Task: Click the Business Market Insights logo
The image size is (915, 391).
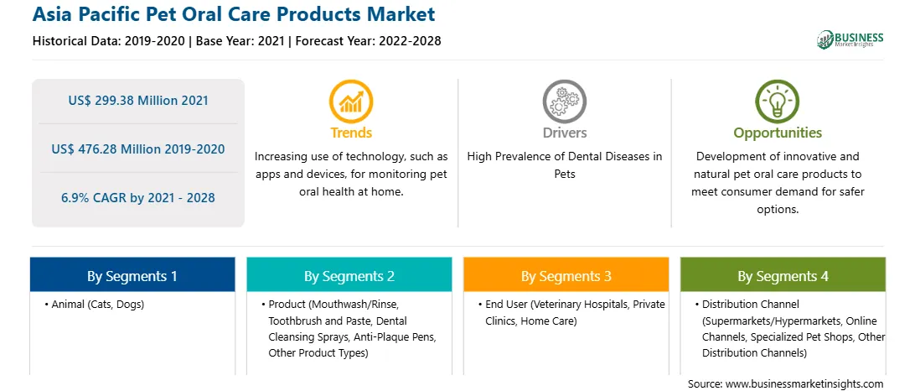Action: point(850,39)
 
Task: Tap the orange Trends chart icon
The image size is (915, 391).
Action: point(351,102)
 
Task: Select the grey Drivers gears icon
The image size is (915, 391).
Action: point(564,102)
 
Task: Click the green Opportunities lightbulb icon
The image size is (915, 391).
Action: point(778,102)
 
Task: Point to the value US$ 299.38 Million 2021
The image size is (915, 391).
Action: point(138,101)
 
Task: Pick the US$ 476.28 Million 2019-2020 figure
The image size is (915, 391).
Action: point(138,149)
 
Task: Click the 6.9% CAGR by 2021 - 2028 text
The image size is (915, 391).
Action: point(138,197)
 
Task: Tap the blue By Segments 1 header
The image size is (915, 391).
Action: point(132,276)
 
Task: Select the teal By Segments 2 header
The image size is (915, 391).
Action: point(349,276)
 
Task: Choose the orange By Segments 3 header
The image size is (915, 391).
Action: point(566,276)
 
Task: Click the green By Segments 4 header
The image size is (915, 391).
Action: point(783,276)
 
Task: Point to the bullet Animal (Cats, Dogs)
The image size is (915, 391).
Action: point(94,305)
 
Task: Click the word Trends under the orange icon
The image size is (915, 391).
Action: point(351,133)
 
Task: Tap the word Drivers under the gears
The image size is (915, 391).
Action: point(565,133)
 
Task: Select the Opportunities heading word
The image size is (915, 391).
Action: point(778,133)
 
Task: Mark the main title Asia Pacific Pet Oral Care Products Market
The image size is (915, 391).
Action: point(234,14)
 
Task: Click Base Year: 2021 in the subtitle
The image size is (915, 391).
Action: point(240,41)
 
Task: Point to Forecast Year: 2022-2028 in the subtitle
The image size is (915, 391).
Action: point(366,41)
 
